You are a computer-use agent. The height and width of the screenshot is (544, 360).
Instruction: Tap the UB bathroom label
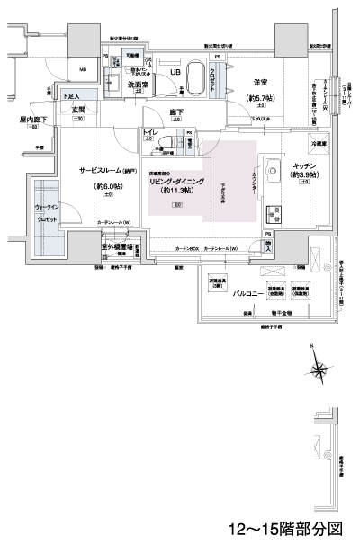click(x=176, y=72)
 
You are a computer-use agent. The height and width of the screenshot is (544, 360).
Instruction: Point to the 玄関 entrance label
click(x=77, y=109)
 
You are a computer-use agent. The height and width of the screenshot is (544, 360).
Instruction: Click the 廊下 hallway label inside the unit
click(x=176, y=112)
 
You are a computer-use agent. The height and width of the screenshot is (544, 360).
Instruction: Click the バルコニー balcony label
click(x=247, y=293)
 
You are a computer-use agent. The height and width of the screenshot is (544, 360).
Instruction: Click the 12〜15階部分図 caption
click(x=285, y=529)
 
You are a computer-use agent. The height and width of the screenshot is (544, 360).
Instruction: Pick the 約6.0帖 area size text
click(x=106, y=186)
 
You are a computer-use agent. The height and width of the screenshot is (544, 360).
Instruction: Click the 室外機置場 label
click(x=117, y=245)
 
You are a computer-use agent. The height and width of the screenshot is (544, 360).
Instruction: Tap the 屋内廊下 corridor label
click(x=31, y=117)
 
